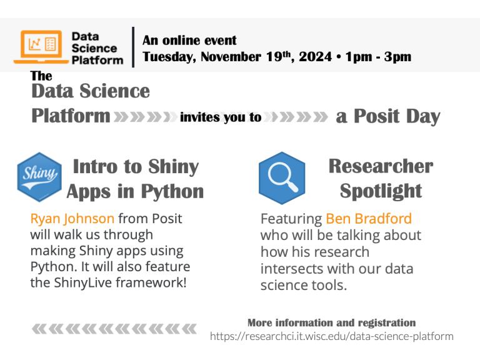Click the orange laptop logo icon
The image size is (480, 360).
click(42, 46)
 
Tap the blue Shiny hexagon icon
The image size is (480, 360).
click(39, 177)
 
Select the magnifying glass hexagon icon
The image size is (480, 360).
click(282, 177)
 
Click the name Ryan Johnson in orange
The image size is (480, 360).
click(72, 219)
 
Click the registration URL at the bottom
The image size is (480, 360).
click(331, 336)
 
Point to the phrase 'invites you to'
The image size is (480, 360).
click(221, 117)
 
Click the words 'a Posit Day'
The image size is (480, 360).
click(388, 116)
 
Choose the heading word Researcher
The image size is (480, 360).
click(381, 166)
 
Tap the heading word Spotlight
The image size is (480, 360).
click(381, 191)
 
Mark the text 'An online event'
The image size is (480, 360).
click(189, 41)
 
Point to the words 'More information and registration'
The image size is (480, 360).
click(331, 322)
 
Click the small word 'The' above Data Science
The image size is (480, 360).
click(41, 76)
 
